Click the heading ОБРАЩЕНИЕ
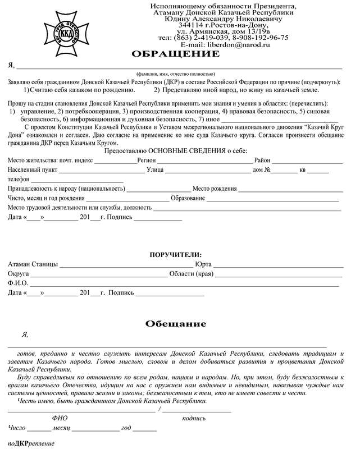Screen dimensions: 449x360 (175, 54)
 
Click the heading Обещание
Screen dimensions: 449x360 (176, 324)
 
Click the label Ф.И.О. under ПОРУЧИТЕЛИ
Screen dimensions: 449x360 (18, 283)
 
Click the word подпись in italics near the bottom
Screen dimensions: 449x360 (194, 418)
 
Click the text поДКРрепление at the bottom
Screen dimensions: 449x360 (31, 444)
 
